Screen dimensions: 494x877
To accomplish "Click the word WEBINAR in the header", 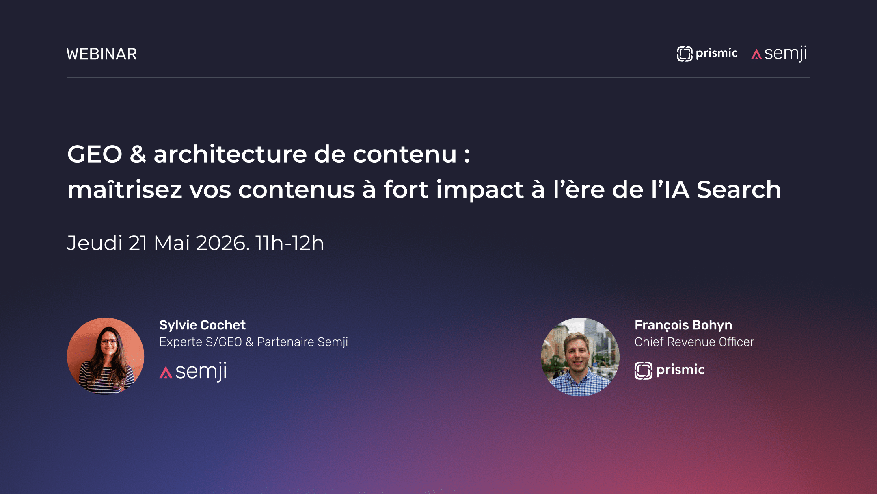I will click(x=102, y=54).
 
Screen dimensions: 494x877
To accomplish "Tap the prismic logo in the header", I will click(x=707, y=54).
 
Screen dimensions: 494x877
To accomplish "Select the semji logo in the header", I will click(x=779, y=54).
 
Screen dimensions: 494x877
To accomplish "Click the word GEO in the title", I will click(x=95, y=155).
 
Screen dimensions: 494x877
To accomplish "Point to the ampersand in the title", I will click(x=138, y=155).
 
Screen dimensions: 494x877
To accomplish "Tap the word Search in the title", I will click(x=739, y=190).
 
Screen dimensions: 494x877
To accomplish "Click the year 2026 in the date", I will click(x=221, y=243).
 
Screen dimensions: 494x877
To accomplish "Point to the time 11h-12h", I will click(x=289, y=243).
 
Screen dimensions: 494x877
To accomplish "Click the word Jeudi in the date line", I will click(x=95, y=243).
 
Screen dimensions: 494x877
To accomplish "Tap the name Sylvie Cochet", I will click(x=202, y=325).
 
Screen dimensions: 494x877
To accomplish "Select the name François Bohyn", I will click(x=683, y=325).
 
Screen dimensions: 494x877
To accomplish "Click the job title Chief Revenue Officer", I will click(x=694, y=342).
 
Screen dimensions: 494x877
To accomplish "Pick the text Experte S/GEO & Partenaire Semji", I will click(x=253, y=342).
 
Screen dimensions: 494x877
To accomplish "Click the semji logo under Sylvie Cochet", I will click(x=193, y=371).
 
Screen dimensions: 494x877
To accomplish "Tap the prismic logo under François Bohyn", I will click(x=670, y=370).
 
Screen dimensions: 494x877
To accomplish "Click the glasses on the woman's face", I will click(x=109, y=342).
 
